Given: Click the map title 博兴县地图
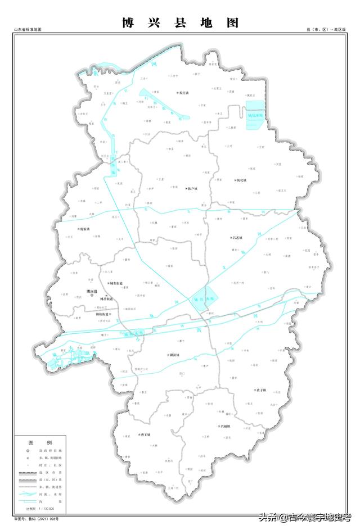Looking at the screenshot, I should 180,23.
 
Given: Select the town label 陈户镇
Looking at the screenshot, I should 192,189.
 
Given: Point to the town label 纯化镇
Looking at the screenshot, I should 240,180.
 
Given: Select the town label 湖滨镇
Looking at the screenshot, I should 174,355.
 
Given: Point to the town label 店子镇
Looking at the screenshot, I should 260,389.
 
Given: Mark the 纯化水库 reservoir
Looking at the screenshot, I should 255,115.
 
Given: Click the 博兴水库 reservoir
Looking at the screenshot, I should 203,300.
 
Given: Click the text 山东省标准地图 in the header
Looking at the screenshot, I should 28,29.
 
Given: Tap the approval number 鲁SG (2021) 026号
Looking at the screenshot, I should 46,518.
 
